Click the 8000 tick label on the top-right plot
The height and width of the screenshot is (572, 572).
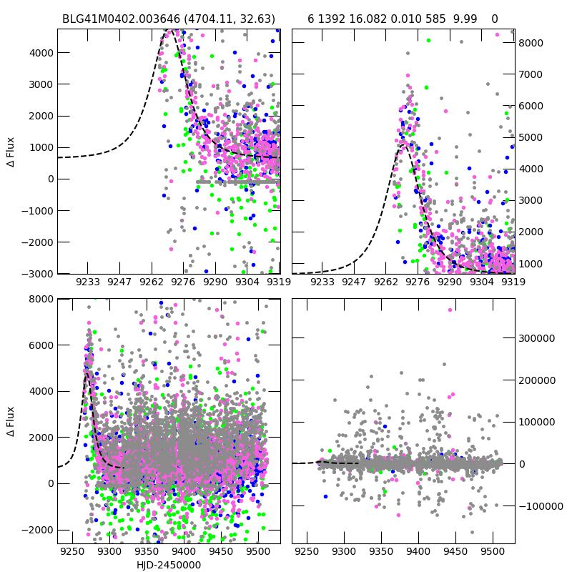point(531,43)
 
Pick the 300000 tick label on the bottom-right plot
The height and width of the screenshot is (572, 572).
point(536,338)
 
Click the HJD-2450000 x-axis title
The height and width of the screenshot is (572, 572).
point(169,565)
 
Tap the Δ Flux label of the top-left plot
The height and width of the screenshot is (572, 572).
point(11,152)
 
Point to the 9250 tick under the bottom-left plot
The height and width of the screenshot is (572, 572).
point(71,552)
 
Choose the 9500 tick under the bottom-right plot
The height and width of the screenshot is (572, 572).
point(491,552)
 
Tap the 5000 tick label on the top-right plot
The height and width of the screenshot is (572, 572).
point(531,137)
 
